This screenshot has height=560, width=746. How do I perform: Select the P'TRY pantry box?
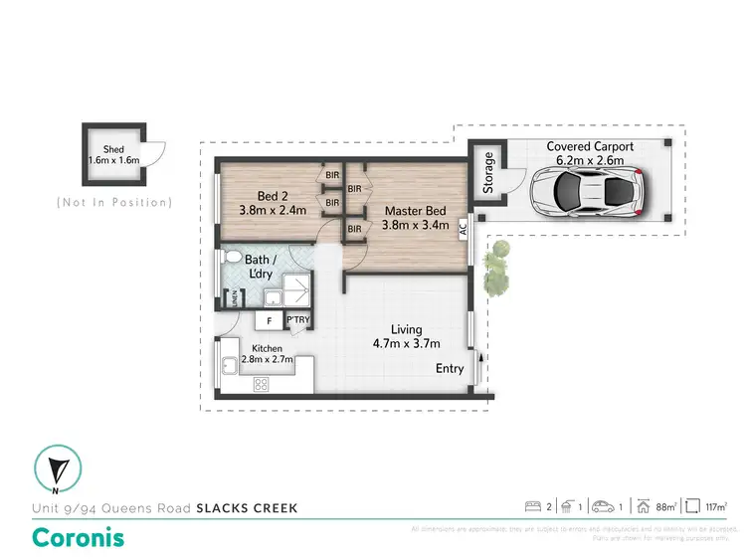pyautogui.click(x=297, y=320)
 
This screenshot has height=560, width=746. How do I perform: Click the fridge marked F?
pyautogui.click(x=268, y=320)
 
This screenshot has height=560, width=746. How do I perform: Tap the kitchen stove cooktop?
pyautogui.click(x=265, y=384)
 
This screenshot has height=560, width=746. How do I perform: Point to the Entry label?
pyautogui.click(x=450, y=368)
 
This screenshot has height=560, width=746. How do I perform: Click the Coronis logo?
pyautogui.click(x=80, y=537)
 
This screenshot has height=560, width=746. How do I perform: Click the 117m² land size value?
pyautogui.click(x=717, y=506)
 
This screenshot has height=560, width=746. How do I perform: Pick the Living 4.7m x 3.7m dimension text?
pyautogui.click(x=406, y=336)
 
